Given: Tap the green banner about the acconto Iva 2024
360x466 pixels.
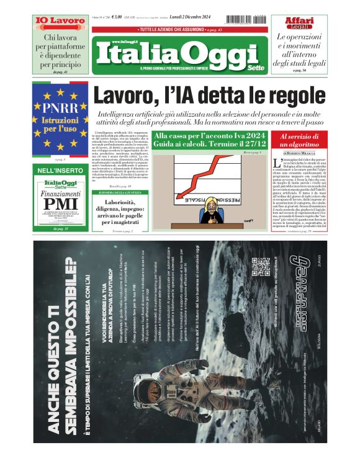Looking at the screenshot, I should (209, 140).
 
